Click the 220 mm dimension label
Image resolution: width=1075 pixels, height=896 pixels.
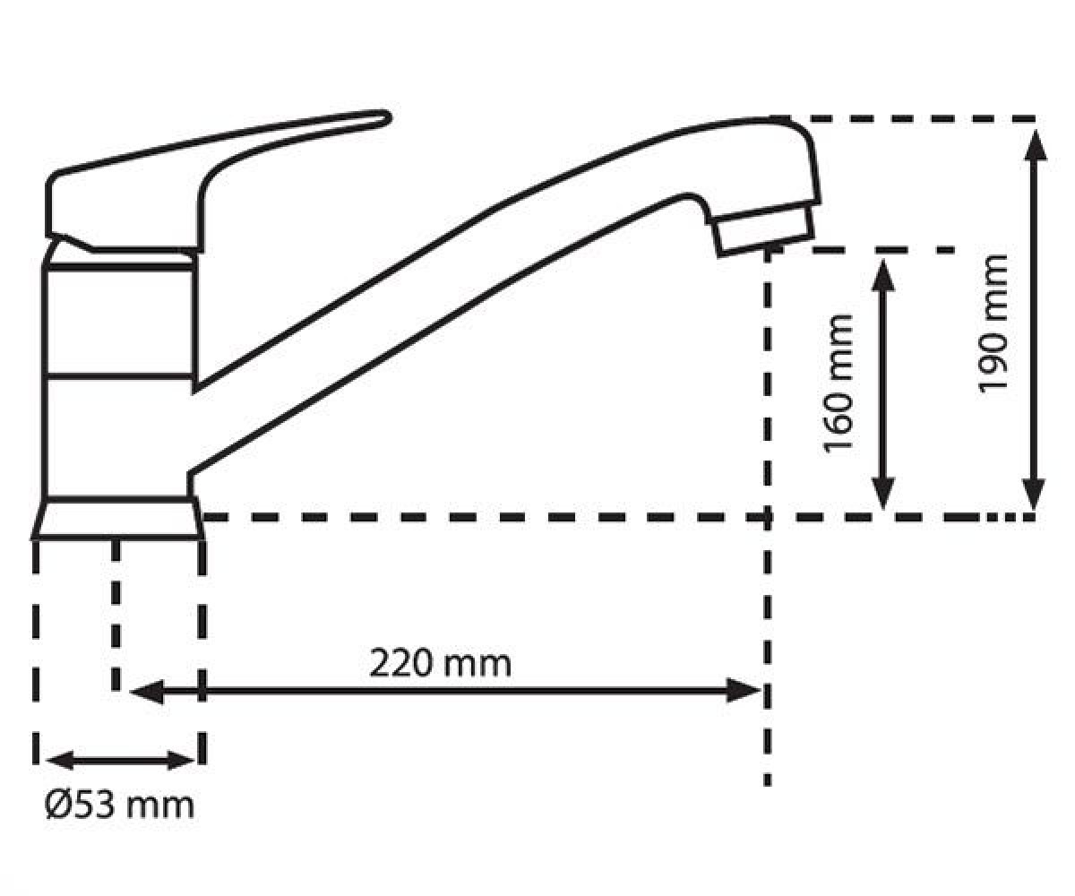[x=440, y=664]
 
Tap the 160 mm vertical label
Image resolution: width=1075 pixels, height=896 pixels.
[x=838, y=384]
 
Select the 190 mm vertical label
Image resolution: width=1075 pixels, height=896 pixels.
[x=993, y=323]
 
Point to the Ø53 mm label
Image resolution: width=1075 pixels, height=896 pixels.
[x=119, y=806]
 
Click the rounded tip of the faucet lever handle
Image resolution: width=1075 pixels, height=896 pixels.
[x=386, y=118]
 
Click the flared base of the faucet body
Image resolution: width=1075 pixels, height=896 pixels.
[x=117, y=519]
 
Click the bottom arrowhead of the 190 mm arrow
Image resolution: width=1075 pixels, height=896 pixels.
[x=1034, y=495]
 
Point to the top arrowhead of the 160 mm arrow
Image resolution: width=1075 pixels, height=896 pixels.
[x=883, y=275]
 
